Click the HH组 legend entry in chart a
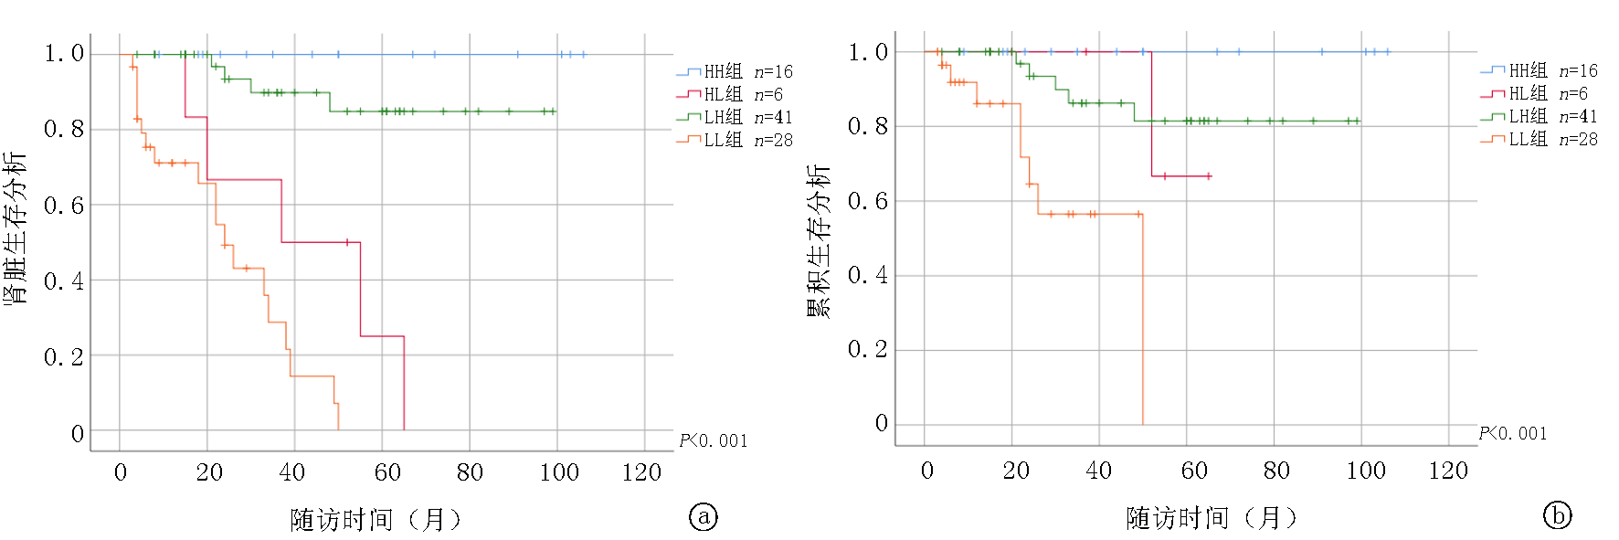tap(735, 71)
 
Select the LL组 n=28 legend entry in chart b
tap(1540, 139)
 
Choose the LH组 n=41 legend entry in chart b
tap(1540, 116)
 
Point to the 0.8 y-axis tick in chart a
tap(64, 129)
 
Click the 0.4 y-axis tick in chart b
tap(868, 275)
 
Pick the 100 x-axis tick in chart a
tap(559, 472)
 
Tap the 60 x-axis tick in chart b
tap(1194, 471)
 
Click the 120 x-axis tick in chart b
tap(1448, 471)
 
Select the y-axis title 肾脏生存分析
tap(16, 228)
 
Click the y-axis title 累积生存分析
tap(819, 239)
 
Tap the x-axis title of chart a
tap(376, 520)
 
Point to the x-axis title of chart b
tap(1212, 518)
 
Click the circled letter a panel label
tap(703, 517)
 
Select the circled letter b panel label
tap(1557, 515)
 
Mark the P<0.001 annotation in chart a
tap(713, 441)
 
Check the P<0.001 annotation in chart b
tap(1513, 433)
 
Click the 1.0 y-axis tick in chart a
tap(64, 53)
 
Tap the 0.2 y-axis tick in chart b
tap(868, 349)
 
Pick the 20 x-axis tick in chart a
tap(209, 472)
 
